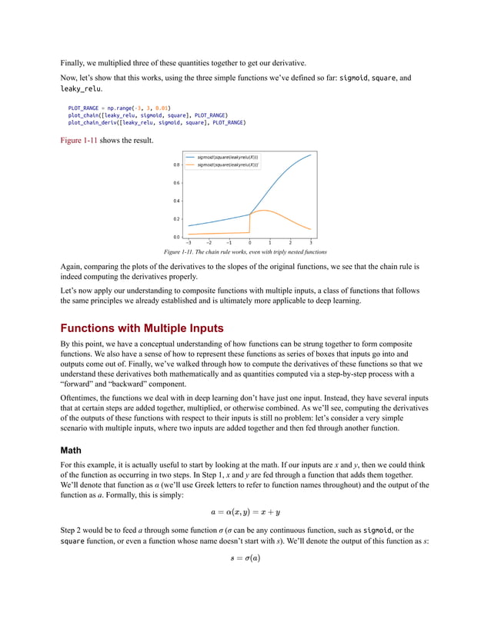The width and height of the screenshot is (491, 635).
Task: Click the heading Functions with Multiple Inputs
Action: (142, 327)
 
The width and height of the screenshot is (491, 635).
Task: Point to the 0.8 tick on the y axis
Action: (176, 165)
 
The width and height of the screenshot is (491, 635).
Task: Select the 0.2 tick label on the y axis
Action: (176, 219)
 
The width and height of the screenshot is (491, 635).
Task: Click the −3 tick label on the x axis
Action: (189, 242)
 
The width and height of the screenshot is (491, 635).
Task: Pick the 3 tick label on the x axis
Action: (310, 242)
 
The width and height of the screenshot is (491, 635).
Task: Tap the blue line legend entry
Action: (227, 157)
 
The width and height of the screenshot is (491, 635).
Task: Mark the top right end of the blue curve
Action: (311, 155)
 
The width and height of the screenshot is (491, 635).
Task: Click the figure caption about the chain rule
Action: (245, 252)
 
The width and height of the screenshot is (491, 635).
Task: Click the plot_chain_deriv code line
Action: (156, 121)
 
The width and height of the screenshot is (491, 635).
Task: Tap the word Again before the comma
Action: (72, 267)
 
